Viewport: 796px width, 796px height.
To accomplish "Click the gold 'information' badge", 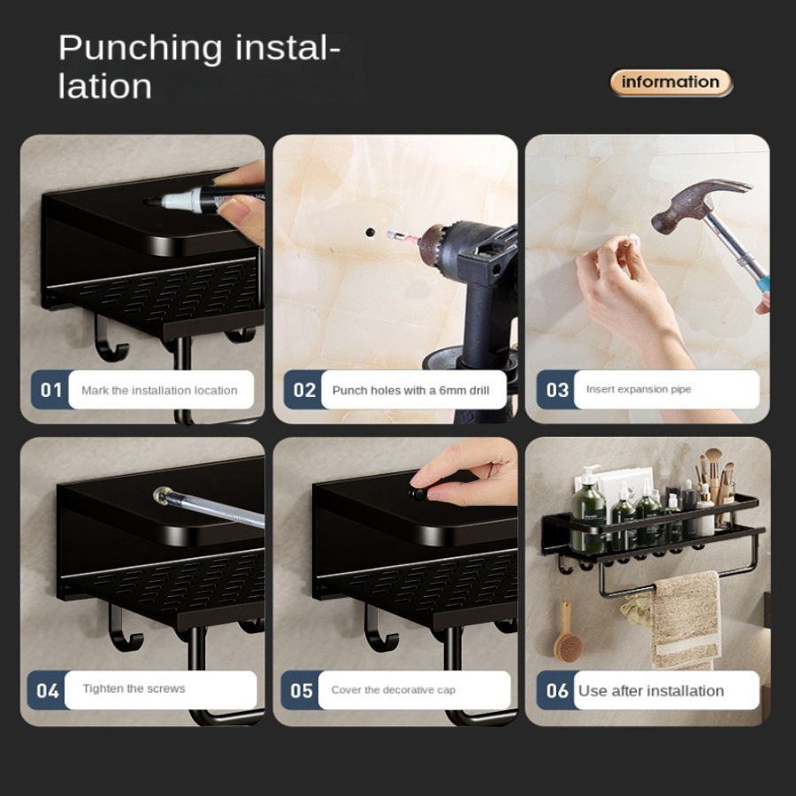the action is click(x=671, y=82).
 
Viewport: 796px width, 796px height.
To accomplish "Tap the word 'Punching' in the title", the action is click(x=140, y=49).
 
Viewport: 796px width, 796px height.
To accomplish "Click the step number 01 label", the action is click(x=50, y=390).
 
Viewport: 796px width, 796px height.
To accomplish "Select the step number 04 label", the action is click(x=47, y=691).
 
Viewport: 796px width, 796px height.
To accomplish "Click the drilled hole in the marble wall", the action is click(x=370, y=233).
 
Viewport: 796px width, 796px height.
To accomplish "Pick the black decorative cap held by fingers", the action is click(x=417, y=494).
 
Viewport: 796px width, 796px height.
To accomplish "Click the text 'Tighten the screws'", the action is click(x=134, y=688).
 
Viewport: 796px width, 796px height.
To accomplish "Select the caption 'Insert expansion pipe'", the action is click(x=639, y=389).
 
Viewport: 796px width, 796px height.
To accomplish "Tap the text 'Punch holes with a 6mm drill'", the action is click(x=410, y=390).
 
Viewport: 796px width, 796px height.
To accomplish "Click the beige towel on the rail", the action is click(x=685, y=619).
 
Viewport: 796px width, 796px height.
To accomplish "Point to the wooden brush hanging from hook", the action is click(x=567, y=637).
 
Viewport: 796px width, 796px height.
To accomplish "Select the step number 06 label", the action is click(x=556, y=691).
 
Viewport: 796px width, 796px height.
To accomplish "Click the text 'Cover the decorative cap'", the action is click(x=394, y=690).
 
